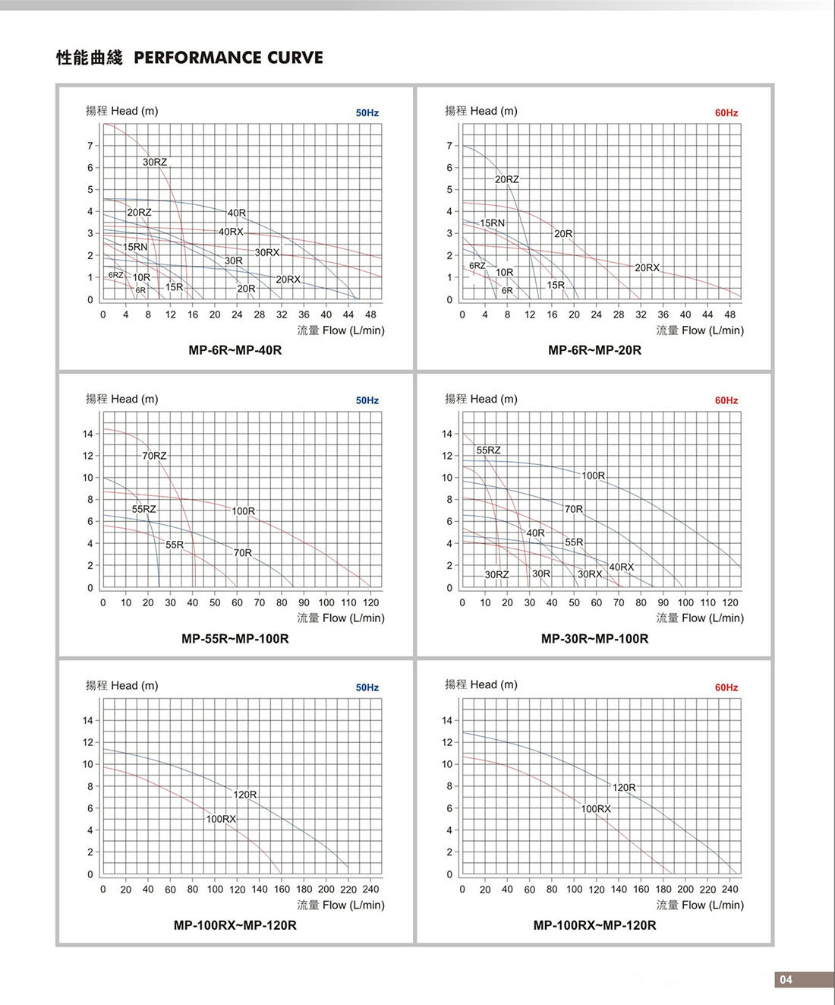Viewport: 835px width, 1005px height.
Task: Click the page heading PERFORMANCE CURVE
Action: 228,58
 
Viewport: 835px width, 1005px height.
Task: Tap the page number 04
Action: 786,979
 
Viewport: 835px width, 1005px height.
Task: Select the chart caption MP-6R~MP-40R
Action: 235,350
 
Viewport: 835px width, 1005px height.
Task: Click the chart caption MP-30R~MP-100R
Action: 594,639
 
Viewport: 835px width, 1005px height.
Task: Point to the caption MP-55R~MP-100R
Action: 235,639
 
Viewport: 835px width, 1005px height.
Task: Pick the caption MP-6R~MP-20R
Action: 594,350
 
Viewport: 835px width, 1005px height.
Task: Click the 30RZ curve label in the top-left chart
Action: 155,162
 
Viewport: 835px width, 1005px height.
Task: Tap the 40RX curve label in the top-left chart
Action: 231,232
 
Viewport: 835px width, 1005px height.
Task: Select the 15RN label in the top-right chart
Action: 492,223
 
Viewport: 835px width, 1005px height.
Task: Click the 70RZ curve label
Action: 154,456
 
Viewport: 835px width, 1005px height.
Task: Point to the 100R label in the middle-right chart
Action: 593,476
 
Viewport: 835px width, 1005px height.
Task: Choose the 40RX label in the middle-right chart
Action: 621,567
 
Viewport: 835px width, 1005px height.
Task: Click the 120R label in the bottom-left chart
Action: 244,795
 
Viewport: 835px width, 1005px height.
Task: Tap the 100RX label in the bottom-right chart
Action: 596,809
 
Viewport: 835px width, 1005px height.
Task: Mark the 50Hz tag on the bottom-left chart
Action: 367,687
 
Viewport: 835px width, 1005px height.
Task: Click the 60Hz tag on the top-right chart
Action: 726,113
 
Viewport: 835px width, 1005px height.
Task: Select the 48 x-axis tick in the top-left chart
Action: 370,314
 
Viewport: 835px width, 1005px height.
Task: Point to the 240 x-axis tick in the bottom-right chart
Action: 729,890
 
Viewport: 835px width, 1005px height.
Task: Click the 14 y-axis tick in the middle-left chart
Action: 88,434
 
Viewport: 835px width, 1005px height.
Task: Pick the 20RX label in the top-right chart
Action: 647,267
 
